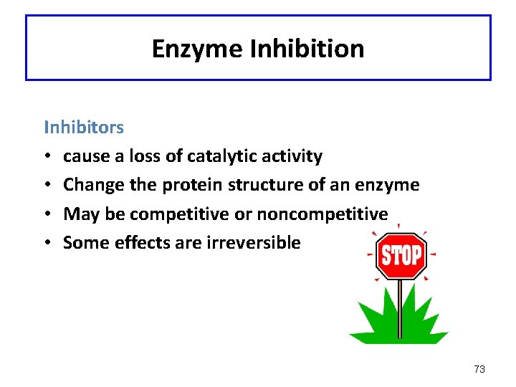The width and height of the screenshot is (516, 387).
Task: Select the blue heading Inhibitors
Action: tap(84, 128)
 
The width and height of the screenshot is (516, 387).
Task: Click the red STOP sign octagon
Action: tap(401, 255)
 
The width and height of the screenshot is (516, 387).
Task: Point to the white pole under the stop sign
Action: tap(400, 308)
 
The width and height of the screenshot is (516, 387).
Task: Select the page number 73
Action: tap(479, 369)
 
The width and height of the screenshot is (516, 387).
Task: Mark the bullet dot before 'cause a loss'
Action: tap(47, 157)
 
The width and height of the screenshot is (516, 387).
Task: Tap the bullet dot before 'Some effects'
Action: tap(47, 243)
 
